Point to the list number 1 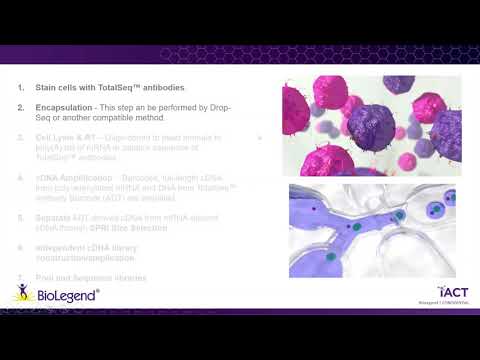[x=21, y=87]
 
